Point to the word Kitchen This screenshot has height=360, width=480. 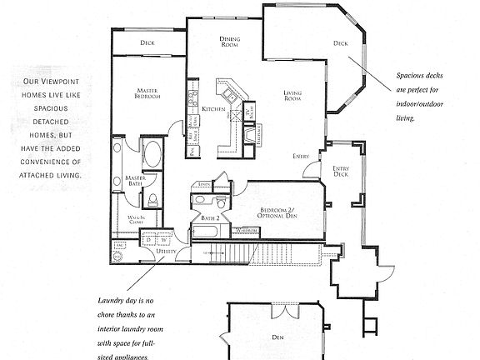click(212, 110)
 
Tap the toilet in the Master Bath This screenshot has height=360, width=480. click(153, 198)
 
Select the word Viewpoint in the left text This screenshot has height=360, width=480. click(55, 82)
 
